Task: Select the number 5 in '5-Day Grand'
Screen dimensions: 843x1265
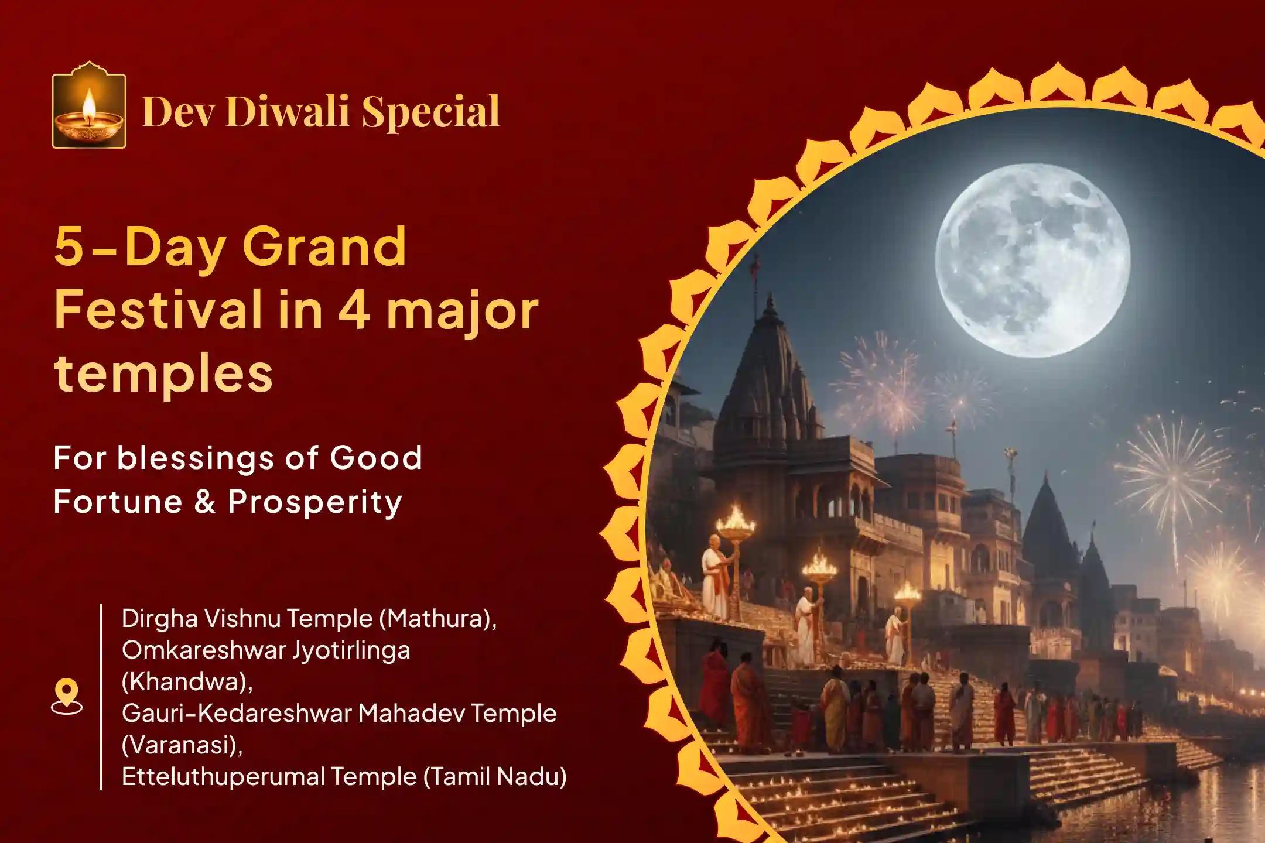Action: (x=69, y=247)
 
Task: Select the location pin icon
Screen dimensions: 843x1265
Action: (x=67, y=696)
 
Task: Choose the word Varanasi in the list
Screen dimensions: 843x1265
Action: (x=181, y=745)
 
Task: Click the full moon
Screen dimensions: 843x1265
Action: (x=1032, y=261)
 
